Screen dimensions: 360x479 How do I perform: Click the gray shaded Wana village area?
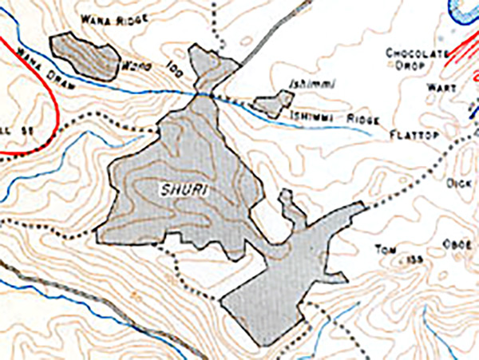83,56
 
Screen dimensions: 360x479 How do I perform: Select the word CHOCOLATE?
414,53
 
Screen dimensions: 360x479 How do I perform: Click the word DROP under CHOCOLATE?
413,67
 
